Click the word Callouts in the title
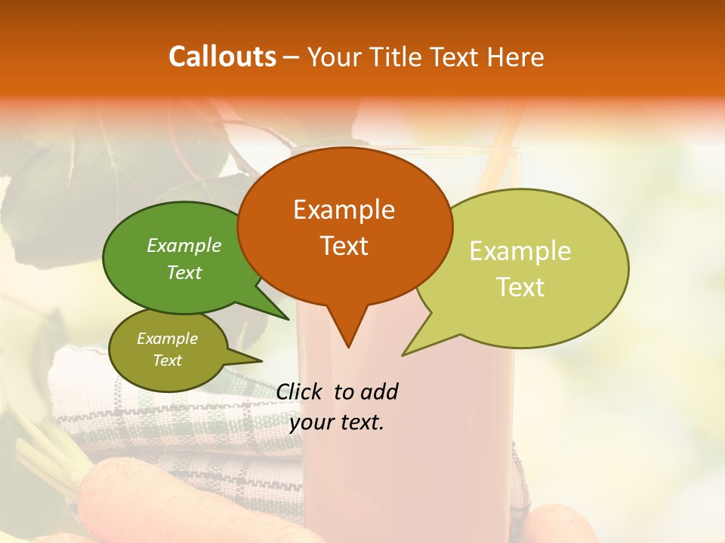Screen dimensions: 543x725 click(x=222, y=57)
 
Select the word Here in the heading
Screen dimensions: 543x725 click(x=516, y=57)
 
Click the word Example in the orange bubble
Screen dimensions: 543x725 click(x=344, y=210)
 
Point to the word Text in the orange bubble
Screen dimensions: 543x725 click(x=344, y=245)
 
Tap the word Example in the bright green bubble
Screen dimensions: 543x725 click(x=184, y=245)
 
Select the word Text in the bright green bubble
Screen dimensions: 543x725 click(x=184, y=272)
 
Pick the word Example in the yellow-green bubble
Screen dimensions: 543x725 click(x=520, y=251)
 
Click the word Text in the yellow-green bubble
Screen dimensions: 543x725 click(x=520, y=287)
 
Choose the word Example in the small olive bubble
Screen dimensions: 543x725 click(x=167, y=339)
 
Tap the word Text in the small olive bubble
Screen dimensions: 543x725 click(x=167, y=360)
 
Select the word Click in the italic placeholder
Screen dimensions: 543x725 click(x=299, y=391)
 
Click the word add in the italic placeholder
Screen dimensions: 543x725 click(x=379, y=391)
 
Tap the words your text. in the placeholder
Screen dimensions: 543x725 click(x=337, y=422)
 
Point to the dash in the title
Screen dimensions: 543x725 click(x=292, y=57)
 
